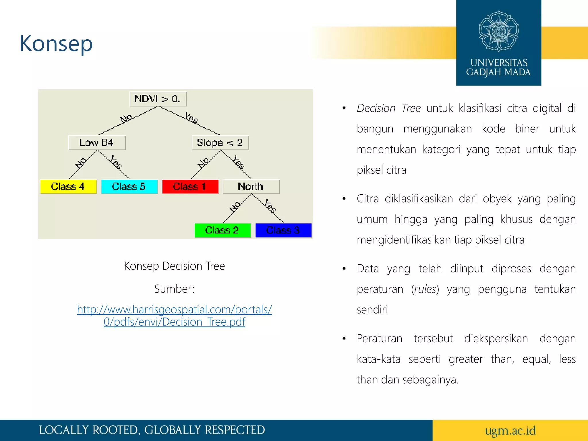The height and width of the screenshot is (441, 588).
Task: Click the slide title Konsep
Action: [x=56, y=44]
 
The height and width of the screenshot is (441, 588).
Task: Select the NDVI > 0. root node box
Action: [x=158, y=99]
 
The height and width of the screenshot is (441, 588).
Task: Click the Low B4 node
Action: [x=97, y=143]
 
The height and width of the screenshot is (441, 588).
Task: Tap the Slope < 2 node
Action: [x=220, y=143]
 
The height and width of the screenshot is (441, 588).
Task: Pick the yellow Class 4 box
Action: [x=68, y=187]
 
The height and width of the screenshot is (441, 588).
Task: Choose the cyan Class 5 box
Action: [x=129, y=187]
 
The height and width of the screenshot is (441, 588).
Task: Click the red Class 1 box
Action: [x=190, y=187]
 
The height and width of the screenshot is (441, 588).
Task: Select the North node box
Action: [x=251, y=187]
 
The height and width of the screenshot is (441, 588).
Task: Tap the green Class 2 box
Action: [x=223, y=230]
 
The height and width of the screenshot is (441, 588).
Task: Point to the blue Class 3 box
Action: [x=283, y=230]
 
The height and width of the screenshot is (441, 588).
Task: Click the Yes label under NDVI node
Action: [x=191, y=118]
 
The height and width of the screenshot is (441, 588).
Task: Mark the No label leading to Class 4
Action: [x=81, y=163]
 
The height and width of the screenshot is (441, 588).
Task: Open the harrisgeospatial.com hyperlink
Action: [x=174, y=316]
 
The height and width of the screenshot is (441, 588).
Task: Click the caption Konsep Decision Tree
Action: [x=174, y=266]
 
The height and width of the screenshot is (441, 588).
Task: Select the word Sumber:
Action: [x=174, y=289]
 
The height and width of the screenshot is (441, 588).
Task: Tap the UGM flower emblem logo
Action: [x=499, y=31]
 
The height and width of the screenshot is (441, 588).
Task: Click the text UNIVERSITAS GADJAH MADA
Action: [x=499, y=67]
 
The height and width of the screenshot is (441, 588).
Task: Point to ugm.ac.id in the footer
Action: [x=510, y=430]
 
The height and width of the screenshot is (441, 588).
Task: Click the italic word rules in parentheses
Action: [x=425, y=289]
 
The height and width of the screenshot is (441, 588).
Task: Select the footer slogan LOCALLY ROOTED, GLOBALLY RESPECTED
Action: [x=152, y=430]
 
